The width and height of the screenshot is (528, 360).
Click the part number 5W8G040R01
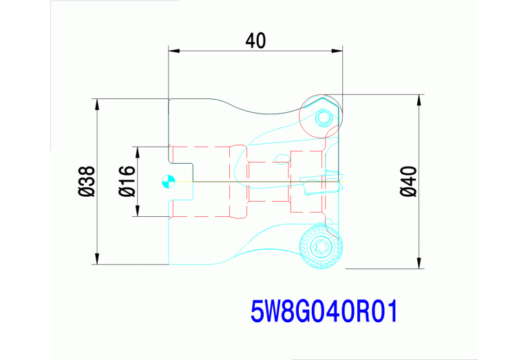pos(324,311)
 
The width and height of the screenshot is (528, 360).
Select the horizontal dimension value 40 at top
pos(255,41)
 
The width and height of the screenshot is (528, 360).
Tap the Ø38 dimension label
pos(87,182)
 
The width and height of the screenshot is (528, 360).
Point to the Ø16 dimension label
pos(127,182)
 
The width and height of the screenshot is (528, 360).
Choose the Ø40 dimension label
pos(409,182)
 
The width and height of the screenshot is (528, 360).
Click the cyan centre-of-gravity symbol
pos(169,182)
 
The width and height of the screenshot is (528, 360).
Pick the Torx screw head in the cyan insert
pos(321,247)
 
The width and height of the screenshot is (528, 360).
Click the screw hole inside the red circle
pos(323,118)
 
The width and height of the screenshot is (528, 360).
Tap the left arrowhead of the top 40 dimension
pos(174,51)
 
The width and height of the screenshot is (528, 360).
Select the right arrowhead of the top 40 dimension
pos(337,51)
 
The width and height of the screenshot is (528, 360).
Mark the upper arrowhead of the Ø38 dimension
pos(97,105)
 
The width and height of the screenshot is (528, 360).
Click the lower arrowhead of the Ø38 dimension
pos(97,259)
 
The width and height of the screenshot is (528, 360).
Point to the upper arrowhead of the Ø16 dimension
pos(138,153)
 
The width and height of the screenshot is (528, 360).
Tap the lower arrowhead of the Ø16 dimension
pos(138,211)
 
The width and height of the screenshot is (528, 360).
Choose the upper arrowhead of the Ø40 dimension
pos(419,100)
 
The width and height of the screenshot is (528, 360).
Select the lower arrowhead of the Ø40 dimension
pos(419,264)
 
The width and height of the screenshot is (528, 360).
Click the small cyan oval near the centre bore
pos(282,159)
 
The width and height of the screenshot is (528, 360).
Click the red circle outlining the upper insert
pos(299,116)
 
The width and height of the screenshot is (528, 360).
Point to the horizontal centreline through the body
pos(266,182)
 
